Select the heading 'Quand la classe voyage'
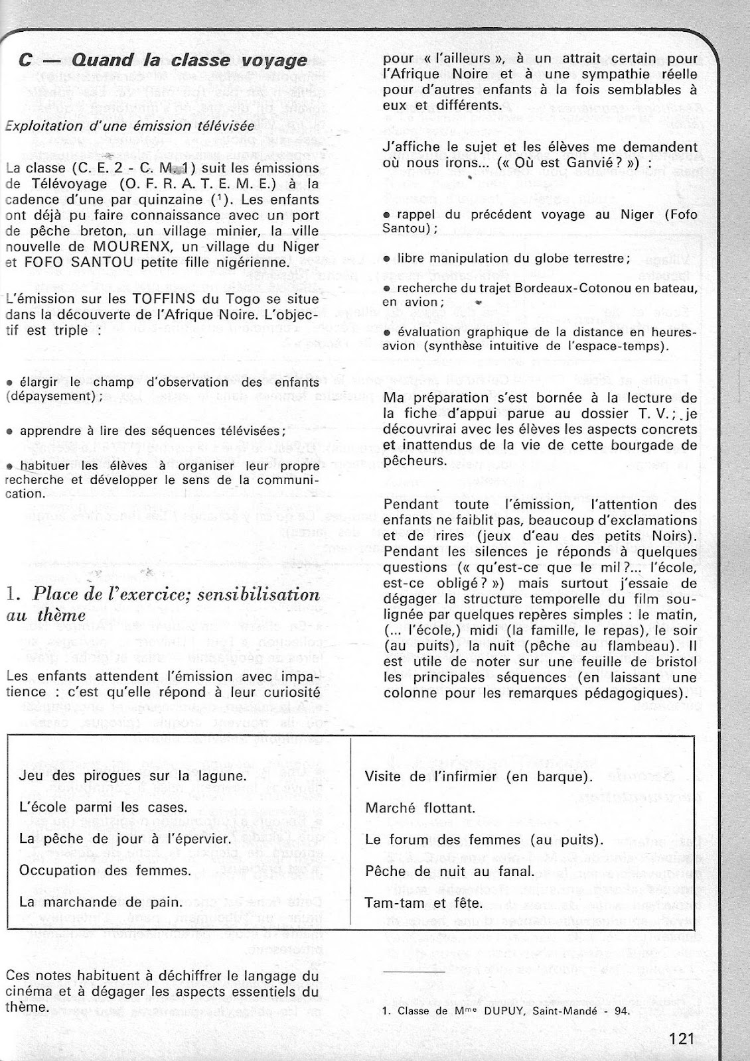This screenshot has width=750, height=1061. (x=188, y=61)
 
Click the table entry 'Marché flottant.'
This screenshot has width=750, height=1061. (x=420, y=808)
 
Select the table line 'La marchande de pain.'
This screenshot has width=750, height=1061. (x=101, y=902)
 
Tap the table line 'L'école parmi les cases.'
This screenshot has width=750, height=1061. (x=104, y=808)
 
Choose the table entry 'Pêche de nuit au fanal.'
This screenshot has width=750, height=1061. (x=449, y=871)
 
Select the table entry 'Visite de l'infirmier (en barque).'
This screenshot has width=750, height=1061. (x=479, y=777)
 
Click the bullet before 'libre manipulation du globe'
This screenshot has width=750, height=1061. (x=387, y=258)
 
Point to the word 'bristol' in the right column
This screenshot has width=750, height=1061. (x=671, y=662)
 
